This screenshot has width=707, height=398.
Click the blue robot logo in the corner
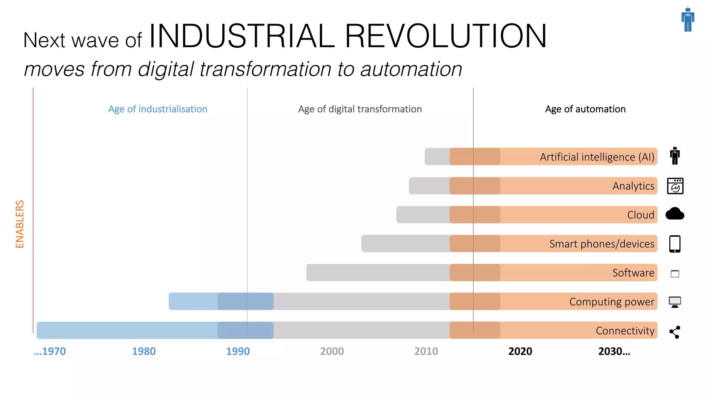tap(688, 20)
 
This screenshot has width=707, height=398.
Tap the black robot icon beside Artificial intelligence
tap(675, 156)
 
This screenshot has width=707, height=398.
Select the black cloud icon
tap(675, 214)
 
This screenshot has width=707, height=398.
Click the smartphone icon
tap(675, 244)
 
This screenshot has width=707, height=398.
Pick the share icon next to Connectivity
tap(675, 332)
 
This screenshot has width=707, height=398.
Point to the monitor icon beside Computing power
tap(675, 302)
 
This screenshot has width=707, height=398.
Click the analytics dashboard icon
tap(675, 186)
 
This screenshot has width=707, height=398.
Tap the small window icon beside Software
tap(675, 274)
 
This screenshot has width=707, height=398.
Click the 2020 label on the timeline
tap(520, 351)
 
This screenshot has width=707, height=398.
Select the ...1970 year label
tap(50, 351)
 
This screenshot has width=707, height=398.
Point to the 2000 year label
tap(332, 351)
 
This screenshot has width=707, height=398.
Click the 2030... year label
tap(614, 351)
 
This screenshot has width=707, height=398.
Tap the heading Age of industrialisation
tap(158, 109)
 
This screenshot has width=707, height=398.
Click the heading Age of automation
tap(585, 109)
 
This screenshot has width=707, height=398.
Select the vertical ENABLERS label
tap(20, 224)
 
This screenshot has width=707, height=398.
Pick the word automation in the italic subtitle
tap(411, 69)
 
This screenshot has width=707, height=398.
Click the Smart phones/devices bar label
tap(602, 244)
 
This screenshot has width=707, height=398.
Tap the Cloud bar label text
tap(640, 215)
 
